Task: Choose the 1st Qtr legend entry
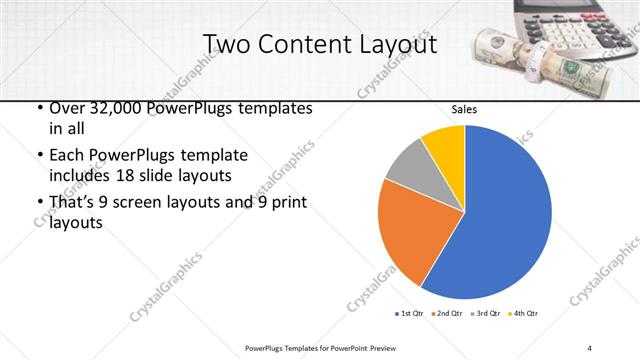[x=411, y=314]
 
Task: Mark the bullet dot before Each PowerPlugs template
[x=38, y=157]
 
